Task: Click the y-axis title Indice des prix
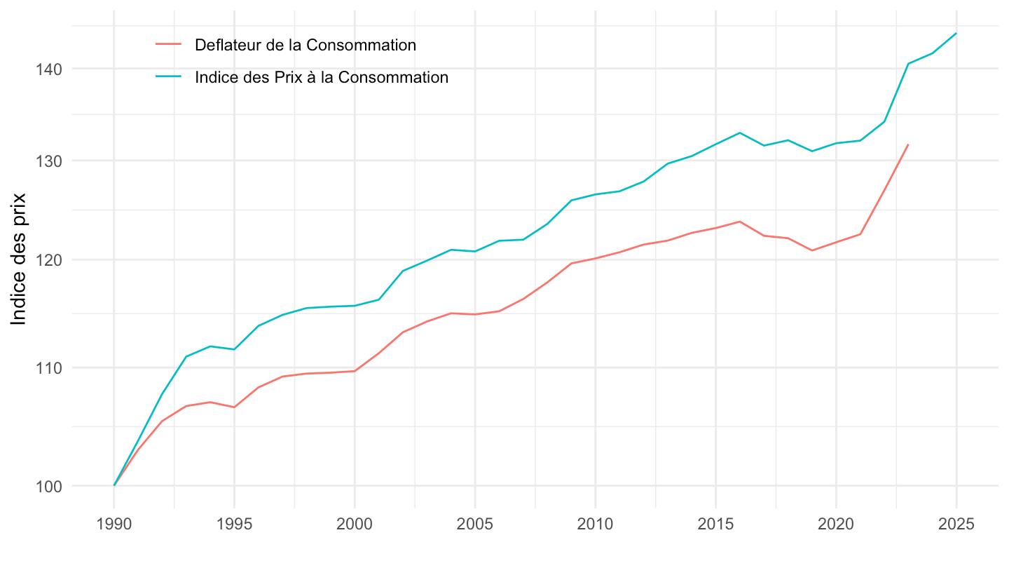coord(20,259)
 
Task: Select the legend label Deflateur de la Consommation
coord(306,46)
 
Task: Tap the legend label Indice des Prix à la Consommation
coord(322,78)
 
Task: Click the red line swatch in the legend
coord(169,46)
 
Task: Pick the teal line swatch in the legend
coord(169,78)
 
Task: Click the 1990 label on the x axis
coord(114,525)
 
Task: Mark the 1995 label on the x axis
coord(234,525)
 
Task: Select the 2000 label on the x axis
coord(355,525)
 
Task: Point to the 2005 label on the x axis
coord(475,525)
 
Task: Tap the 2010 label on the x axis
coord(596,525)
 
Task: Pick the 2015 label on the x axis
coord(715,525)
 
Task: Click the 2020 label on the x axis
coord(836,525)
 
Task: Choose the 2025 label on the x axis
coord(956,525)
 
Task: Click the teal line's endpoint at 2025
coord(956,33)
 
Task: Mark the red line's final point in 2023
coord(908,144)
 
